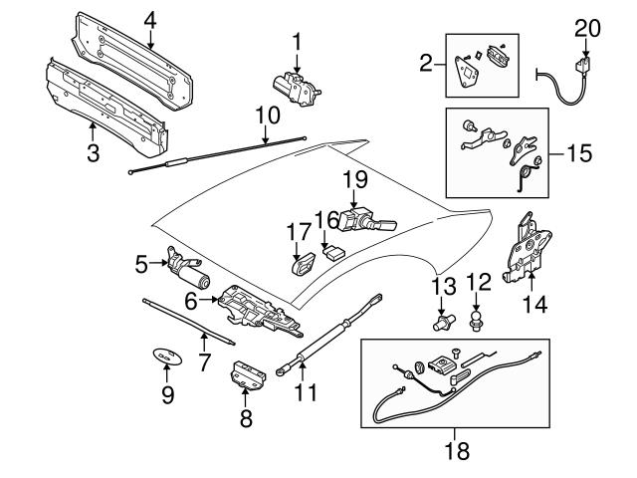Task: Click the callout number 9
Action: [x=167, y=395]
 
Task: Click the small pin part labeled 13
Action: [x=441, y=322]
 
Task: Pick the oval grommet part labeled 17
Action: [x=302, y=265]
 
